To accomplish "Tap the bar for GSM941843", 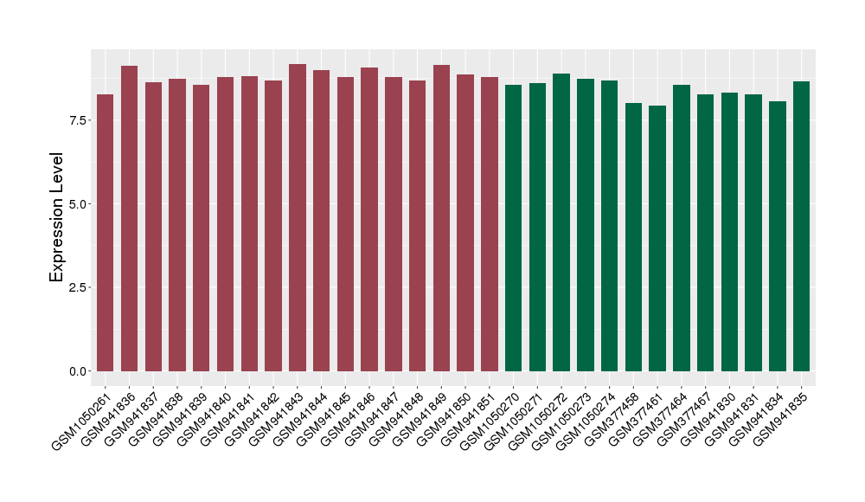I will tap(298, 217).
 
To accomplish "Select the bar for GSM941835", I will tap(802, 226).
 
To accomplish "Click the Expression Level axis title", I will tap(57, 216).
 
